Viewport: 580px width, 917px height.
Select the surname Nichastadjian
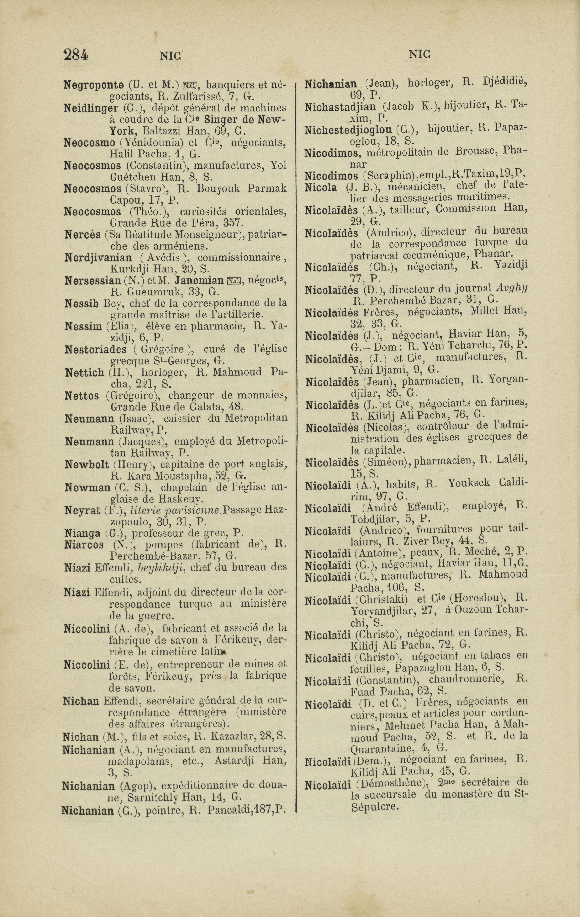point(340,107)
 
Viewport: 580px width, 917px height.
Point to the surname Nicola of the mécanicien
point(320,187)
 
